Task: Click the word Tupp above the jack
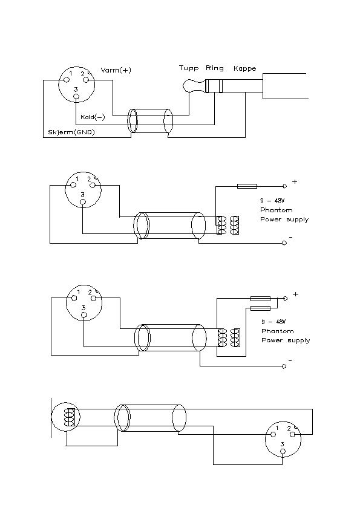point(189,68)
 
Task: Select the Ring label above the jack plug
point(215,68)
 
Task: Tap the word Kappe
point(244,69)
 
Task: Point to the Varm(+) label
point(116,70)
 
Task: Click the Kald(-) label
point(93,117)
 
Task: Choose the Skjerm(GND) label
point(71,132)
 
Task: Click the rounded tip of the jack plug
point(187,86)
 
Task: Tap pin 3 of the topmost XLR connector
point(76,96)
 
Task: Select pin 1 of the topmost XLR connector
point(67,80)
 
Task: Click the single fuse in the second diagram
point(247,186)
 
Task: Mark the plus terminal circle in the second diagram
point(284,186)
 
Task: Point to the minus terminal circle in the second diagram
point(284,243)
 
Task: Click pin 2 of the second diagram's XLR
point(93,185)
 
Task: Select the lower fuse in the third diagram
point(260,308)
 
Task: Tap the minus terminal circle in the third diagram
point(284,366)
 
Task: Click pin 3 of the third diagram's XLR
point(84,315)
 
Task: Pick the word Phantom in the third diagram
point(277,331)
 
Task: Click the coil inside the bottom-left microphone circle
point(70,417)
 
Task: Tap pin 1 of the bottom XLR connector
point(273,435)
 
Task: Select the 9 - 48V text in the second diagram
point(272,201)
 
